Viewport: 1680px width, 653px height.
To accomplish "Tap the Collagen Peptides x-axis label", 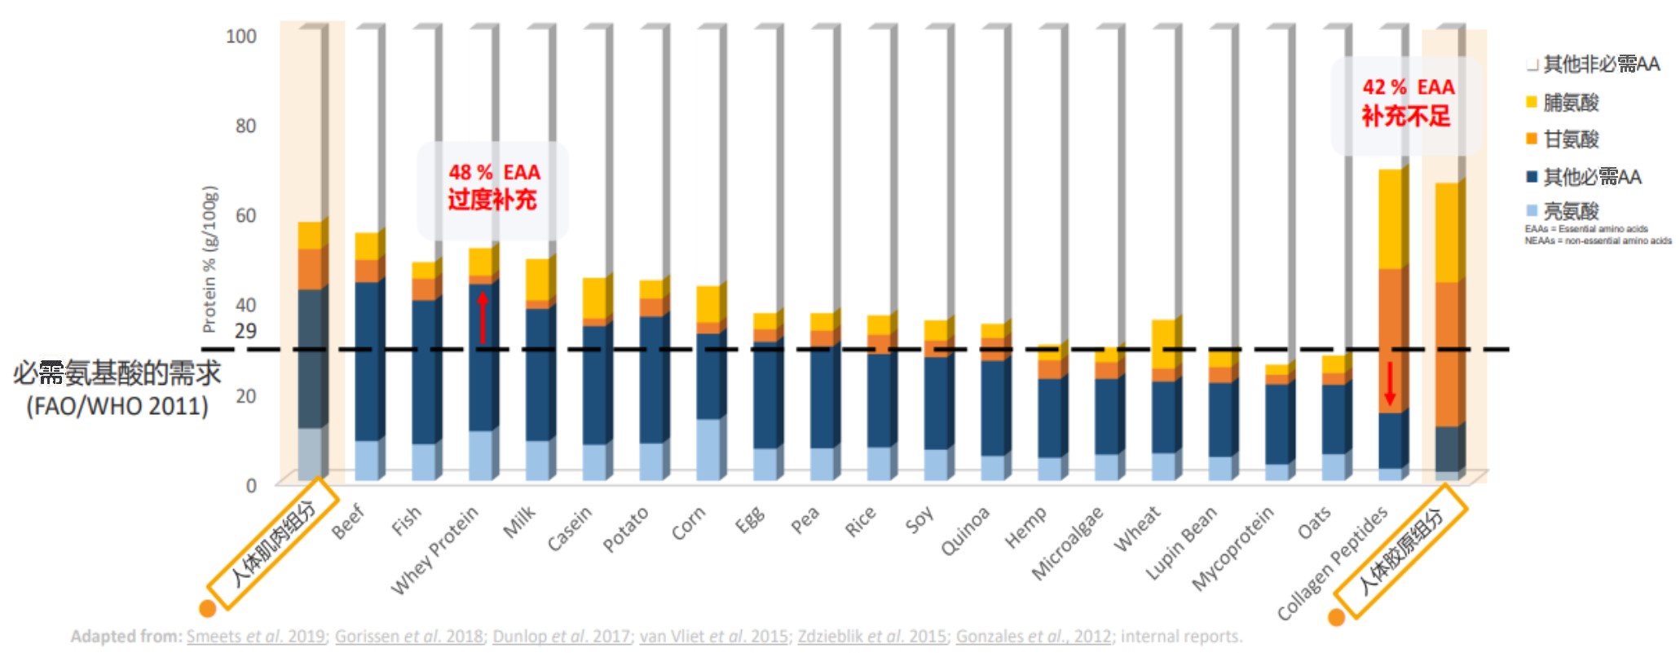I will [x=1332, y=562].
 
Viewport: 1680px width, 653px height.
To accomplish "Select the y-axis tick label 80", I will [x=245, y=126].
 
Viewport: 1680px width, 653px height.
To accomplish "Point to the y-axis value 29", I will [x=245, y=331].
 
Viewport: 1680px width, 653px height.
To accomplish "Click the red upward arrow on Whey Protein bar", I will [x=483, y=317].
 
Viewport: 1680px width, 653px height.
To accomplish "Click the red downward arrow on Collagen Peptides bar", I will [x=1390, y=383].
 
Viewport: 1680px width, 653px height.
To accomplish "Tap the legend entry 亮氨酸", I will [x=1570, y=211].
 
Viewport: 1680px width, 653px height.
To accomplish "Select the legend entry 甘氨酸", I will [x=1570, y=139].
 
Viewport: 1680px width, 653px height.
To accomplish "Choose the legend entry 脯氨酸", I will [x=1570, y=103].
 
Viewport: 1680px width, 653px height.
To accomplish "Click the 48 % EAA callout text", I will [x=493, y=187].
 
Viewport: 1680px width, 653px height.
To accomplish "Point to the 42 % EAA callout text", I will [x=1407, y=102].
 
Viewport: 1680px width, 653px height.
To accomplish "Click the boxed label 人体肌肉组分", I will [x=272, y=544].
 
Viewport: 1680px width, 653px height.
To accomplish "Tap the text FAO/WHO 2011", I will [x=117, y=406].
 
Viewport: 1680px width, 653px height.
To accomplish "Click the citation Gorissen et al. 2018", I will [x=408, y=636].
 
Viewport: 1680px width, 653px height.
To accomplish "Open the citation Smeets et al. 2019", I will [x=255, y=636].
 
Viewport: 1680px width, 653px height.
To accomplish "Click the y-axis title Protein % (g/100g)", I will [x=209, y=259].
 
